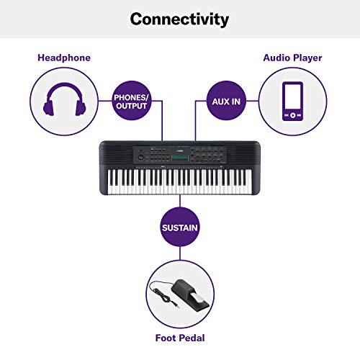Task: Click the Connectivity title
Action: pos(180,19)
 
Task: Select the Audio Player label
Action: pos(292,58)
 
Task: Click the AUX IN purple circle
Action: pos(226,102)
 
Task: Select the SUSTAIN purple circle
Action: pos(179,228)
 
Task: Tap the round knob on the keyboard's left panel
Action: pos(137,156)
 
